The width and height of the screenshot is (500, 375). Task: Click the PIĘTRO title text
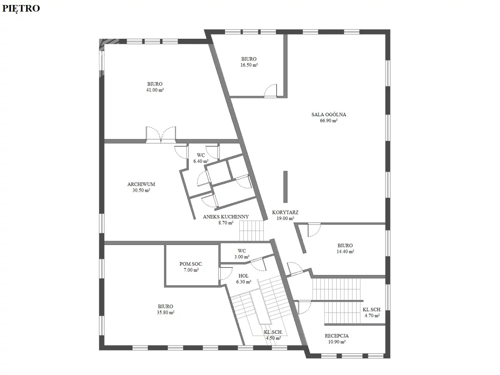[x=21, y=8]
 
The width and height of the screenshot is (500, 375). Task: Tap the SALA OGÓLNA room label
[x=329, y=115]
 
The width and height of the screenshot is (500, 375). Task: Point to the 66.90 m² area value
[x=328, y=121]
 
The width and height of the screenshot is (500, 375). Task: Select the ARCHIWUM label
[x=141, y=184]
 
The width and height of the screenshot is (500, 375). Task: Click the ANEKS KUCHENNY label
[x=226, y=217]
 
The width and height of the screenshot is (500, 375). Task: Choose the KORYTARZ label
[x=285, y=212]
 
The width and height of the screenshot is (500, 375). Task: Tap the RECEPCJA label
[x=337, y=335]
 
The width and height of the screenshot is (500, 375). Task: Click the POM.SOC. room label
[x=191, y=264]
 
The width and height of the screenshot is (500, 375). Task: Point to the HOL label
[x=243, y=276]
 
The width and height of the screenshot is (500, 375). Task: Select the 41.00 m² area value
[x=155, y=90]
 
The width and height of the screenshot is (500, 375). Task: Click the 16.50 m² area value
[x=249, y=65]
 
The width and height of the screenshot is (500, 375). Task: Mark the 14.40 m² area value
[x=345, y=252]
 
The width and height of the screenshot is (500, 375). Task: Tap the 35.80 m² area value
[x=165, y=312]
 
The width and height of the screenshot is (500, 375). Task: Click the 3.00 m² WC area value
[x=242, y=257]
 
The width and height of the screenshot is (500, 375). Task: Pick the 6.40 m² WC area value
[x=201, y=161]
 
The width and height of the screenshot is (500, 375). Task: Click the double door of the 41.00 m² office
[x=161, y=135]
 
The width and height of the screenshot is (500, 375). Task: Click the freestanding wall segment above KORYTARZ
[x=285, y=187]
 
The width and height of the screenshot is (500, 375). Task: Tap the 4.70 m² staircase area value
[x=372, y=315]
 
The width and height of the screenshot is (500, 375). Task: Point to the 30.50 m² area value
[x=141, y=190]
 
